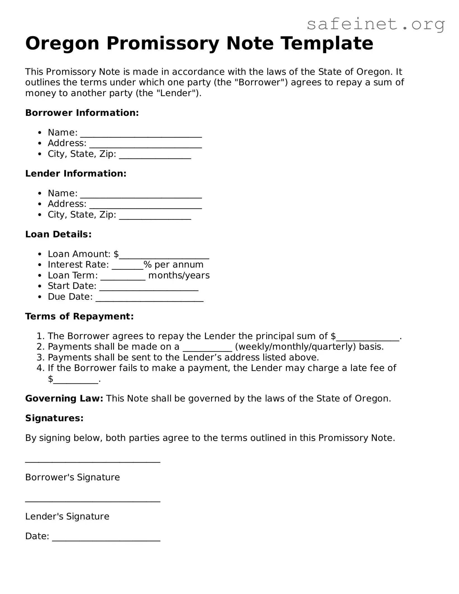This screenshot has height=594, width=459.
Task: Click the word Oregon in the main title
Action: pyautogui.click(x=62, y=44)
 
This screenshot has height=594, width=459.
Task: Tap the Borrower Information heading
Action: pyautogui.click(x=82, y=113)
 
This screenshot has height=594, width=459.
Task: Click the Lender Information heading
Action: pyautogui.click(x=76, y=173)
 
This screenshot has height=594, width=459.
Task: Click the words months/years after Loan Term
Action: pyautogui.click(x=179, y=275)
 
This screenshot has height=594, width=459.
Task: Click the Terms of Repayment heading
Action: pyautogui.click(x=79, y=316)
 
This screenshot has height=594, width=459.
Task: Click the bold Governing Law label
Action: pyautogui.click(x=64, y=399)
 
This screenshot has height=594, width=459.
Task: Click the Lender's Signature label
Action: pyautogui.click(x=67, y=516)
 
